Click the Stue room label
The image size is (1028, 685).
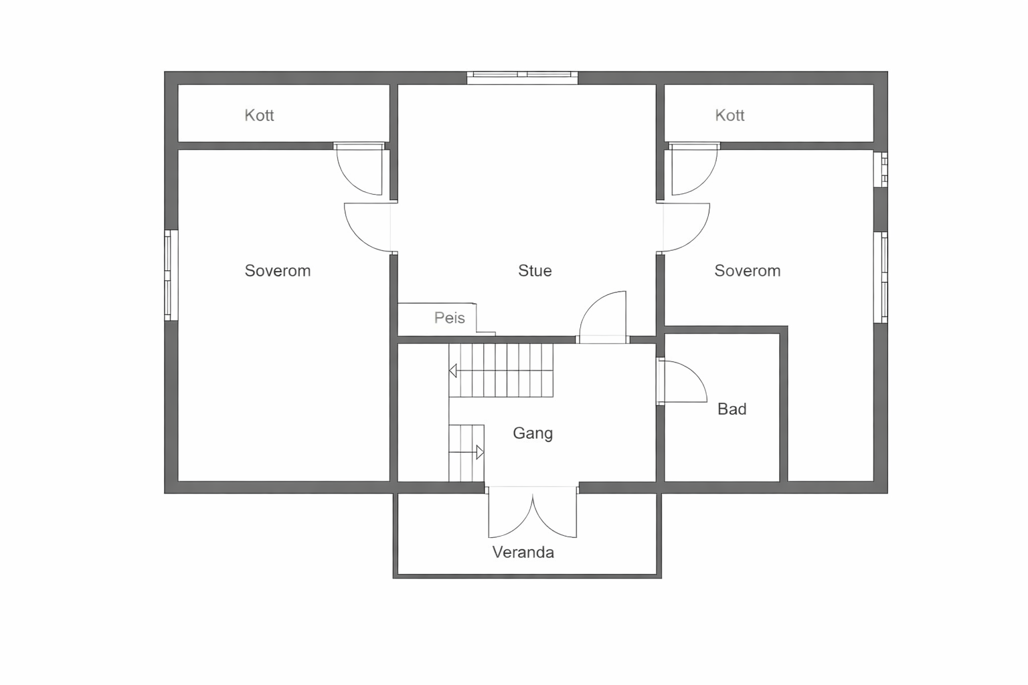pos(535,271)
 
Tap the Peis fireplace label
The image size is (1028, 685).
pos(449,318)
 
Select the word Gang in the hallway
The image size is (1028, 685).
pos(533,433)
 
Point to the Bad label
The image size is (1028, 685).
pos(732,409)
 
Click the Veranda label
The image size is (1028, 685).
pos(523,553)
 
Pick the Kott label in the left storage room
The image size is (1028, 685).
pos(259,116)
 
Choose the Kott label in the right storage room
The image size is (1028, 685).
pos(730,116)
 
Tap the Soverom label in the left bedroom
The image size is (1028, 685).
pos(277,271)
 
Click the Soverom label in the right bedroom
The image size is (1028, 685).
pos(747,271)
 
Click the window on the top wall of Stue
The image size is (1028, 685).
pos(522,78)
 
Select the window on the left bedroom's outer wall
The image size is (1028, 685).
pos(171,275)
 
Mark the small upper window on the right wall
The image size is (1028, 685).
pos(881,169)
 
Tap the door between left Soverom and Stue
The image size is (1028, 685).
pos(368,228)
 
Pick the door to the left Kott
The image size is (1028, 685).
pos(359,170)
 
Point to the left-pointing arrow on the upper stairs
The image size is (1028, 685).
pos(453,371)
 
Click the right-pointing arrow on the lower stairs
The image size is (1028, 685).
pos(479,452)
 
